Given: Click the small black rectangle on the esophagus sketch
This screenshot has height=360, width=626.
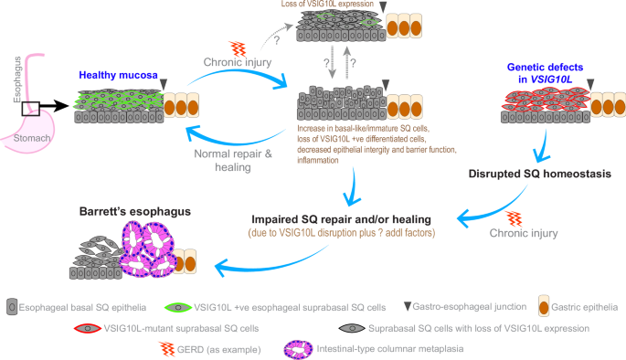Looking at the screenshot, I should [x=30, y=109].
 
